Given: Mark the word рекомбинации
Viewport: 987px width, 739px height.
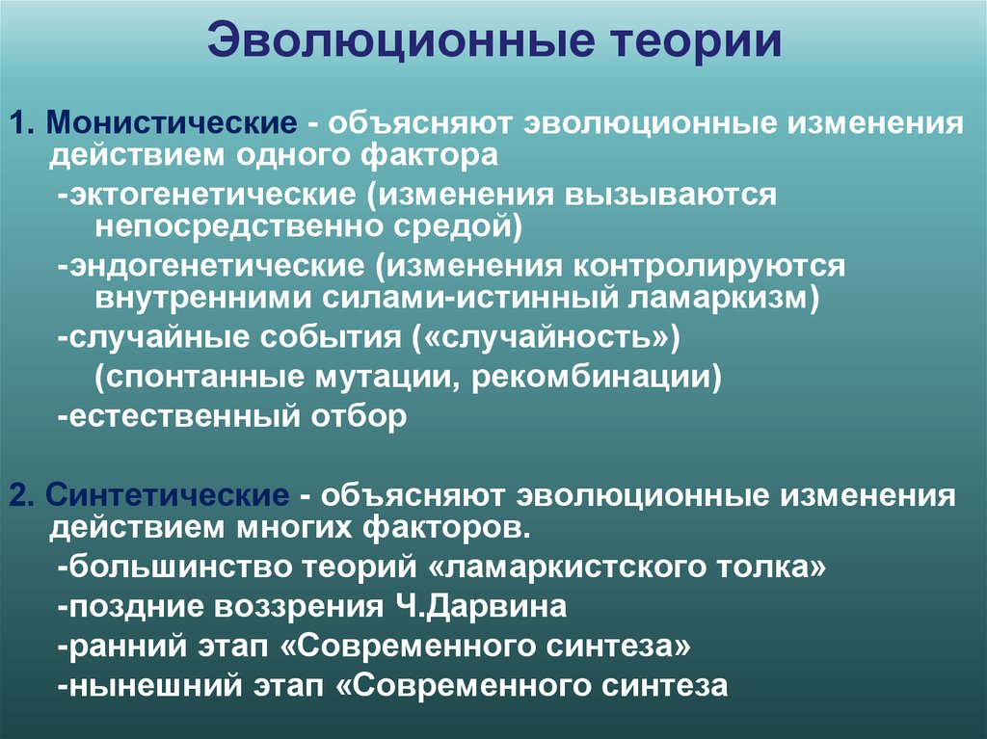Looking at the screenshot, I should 597,376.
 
